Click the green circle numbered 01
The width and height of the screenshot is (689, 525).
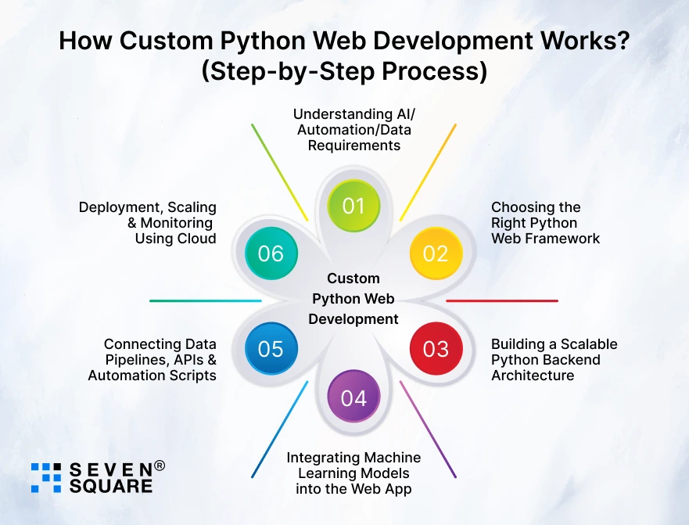tap(353, 206)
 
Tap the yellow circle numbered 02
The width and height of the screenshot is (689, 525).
tap(436, 254)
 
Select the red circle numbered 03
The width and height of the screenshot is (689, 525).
tap(436, 348)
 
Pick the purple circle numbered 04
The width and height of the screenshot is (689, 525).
tap(353, 397)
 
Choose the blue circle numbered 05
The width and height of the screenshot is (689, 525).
tap(271, 348)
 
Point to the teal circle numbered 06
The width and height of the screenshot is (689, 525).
tap(271, 254)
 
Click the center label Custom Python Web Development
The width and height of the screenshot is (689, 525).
tap(353, 299)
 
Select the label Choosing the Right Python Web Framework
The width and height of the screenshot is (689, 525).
tap(545, 223)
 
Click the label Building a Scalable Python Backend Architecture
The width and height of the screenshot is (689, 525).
tap(554, 360)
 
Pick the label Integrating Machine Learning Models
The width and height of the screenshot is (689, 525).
tap(353, 473)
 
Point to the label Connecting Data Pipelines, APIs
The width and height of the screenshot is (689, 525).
tap(153, 360)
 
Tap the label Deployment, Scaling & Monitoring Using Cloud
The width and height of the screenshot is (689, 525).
tap(148, 223)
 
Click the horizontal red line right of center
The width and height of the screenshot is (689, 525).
tap(502, 300)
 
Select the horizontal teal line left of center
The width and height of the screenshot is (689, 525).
tap(205, 300)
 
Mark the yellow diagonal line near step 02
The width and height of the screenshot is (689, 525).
tap(428, 172)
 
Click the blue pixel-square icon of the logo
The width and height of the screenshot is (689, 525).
tap(45, 477)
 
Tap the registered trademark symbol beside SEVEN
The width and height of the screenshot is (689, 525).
tap(160, 466)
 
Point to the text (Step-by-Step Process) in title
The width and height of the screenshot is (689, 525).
tap(345, 71)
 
